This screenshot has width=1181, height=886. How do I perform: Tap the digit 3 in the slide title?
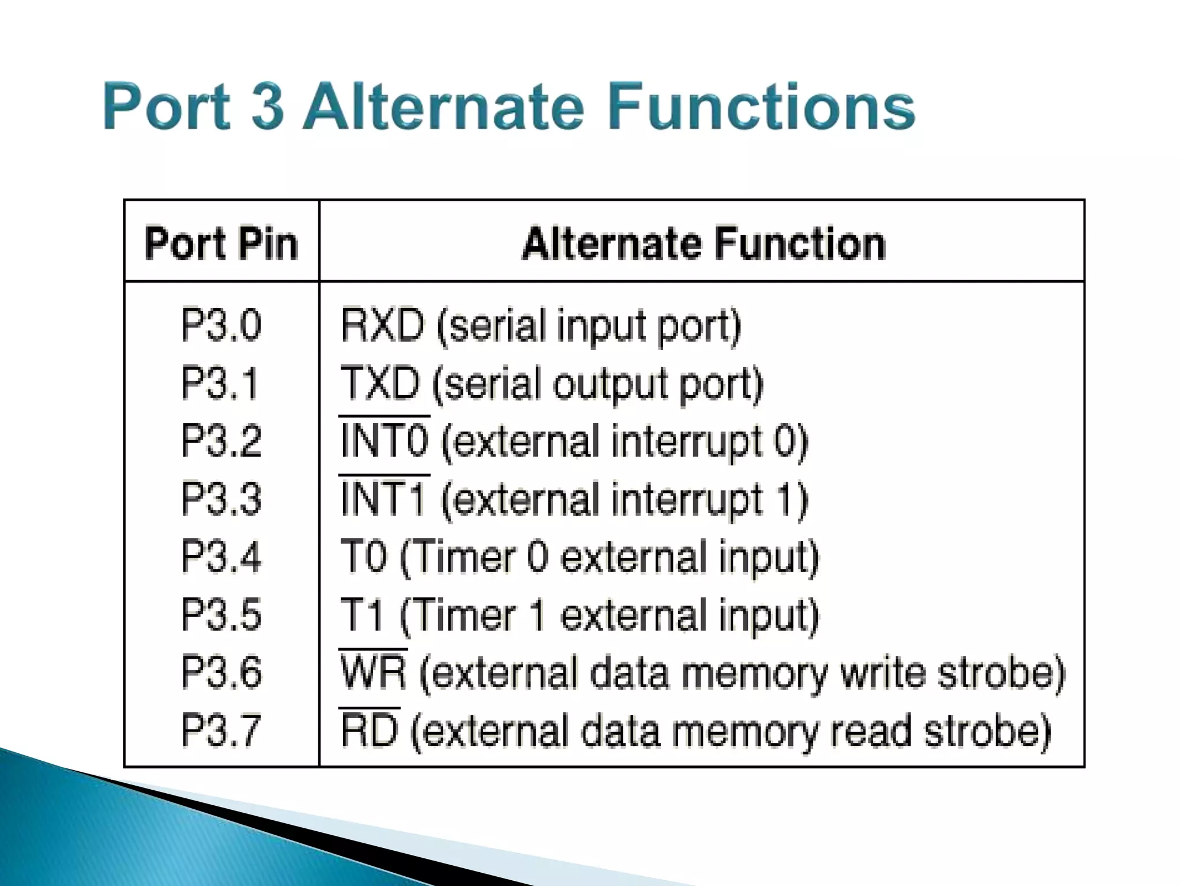(x=268, y=107)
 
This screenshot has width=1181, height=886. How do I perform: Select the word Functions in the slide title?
(x=761, y=107)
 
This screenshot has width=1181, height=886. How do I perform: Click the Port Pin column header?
(x=221, y=243)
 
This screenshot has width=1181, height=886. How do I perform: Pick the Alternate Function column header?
(x=703, y=243)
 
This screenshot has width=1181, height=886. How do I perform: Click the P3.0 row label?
(x=221, y=325)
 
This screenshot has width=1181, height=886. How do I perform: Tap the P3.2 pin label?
(x=221, y=441)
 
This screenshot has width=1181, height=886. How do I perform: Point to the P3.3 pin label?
(x=221, y=499)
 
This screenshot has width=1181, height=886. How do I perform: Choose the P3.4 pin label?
(x=221, y=557)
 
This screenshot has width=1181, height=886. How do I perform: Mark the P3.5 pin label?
(x=221, y=615)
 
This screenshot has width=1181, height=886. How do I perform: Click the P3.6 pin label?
(x=221, y=673)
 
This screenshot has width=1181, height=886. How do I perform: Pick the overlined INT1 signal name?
(x=383, y=499)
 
